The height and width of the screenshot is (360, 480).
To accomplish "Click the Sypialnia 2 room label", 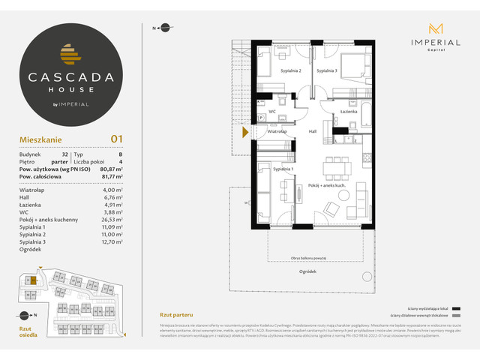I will point(291,70).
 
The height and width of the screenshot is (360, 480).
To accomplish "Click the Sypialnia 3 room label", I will point(326,70).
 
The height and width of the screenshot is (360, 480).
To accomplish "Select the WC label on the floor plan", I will point(273,112).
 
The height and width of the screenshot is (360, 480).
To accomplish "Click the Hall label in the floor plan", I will point(313,130).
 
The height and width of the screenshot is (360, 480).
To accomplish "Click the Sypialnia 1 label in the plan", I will point(283,170).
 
